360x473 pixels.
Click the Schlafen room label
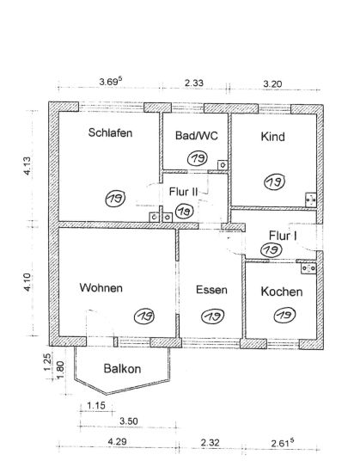coord(110,132)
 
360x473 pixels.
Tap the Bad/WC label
coord(197,135)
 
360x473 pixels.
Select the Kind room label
coord(272,137)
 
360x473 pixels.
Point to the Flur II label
coord(183,192)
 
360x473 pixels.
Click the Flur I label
coord(283,236)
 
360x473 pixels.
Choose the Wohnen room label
coord(101,288)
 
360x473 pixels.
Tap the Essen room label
coord(211,290)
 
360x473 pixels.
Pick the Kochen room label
coord(282,292)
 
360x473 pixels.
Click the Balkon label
coord(122,369)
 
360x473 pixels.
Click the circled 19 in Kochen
coord(284,315)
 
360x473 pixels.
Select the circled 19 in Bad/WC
coord(198,158)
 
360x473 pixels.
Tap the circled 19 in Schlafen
coord(115,198)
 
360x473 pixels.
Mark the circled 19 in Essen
coord(213,316)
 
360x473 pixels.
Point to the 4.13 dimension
coord(27,166)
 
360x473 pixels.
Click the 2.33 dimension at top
coord(194,83)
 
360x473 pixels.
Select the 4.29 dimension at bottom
coord(117,442)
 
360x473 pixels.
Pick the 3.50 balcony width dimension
coord(129,421)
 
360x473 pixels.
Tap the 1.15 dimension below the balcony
coord(96,405)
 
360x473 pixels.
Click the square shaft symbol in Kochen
coord(308,268)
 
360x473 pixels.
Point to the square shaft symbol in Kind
coord(311,200)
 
